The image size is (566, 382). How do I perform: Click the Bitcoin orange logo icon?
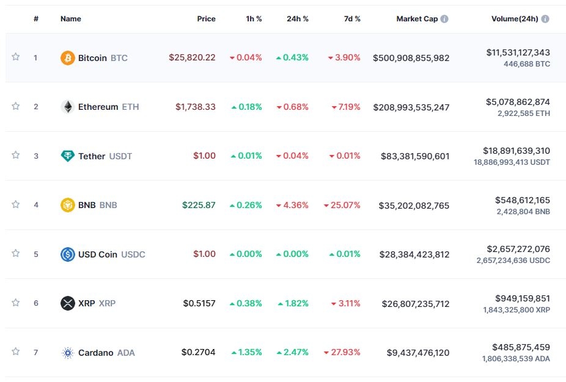pos(68,58)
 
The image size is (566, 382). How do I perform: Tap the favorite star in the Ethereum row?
pos(16,106)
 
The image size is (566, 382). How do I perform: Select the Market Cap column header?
pos(417,19)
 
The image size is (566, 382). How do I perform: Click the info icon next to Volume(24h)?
pos(545,19)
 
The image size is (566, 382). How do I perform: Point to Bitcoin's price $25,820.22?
pos(192,58)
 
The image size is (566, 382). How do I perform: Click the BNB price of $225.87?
pos(199,205)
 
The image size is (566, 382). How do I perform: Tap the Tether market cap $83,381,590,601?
pos(414,156)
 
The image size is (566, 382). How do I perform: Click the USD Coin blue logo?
pos(68,254)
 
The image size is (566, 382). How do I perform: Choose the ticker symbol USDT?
pos(120,156)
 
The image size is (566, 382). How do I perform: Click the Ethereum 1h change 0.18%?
pos(246,107)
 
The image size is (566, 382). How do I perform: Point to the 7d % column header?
pos(352,19)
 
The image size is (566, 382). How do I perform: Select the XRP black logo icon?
pos(68,303)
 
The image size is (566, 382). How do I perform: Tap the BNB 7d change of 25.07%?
pos(342,205)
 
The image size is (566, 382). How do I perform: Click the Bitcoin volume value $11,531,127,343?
pos(518,53)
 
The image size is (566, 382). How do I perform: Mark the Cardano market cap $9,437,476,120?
pos(417,352)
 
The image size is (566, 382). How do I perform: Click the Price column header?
pos(206,19)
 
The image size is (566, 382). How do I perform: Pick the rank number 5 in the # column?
pos(36,254)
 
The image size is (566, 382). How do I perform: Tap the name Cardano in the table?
pos(95,352)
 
